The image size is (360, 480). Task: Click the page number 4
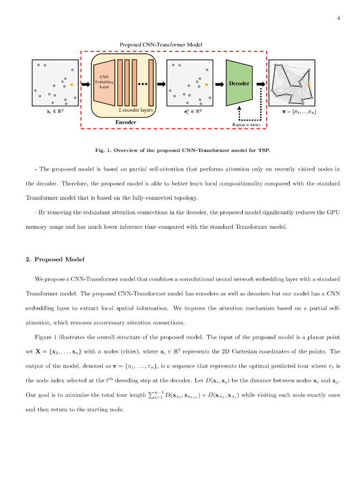[x=338, y=18]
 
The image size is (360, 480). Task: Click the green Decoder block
[x=239, y=83]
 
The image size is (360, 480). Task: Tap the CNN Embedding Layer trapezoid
[x=104, y=82]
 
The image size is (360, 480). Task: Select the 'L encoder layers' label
[x=135, y=110]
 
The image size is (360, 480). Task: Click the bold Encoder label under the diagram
[x=126, y=122]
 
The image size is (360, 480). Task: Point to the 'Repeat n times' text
[x=246, y=125]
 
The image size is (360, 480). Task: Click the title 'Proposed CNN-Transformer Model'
[x=161, y=45]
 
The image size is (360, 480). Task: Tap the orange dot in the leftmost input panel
[x=72, y=84]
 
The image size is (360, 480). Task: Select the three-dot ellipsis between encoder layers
[x=143, y=84]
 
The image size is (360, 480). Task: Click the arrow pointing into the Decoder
[x=219, y=84]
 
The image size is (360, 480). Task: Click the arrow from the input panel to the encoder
[x=85, y=84]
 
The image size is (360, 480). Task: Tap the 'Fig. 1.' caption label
[x=103, y=150]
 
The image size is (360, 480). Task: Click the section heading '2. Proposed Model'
[x=55, y=259]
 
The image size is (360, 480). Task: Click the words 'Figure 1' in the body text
[x=46, y=337]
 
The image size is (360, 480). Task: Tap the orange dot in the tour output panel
[x=308, y=84]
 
